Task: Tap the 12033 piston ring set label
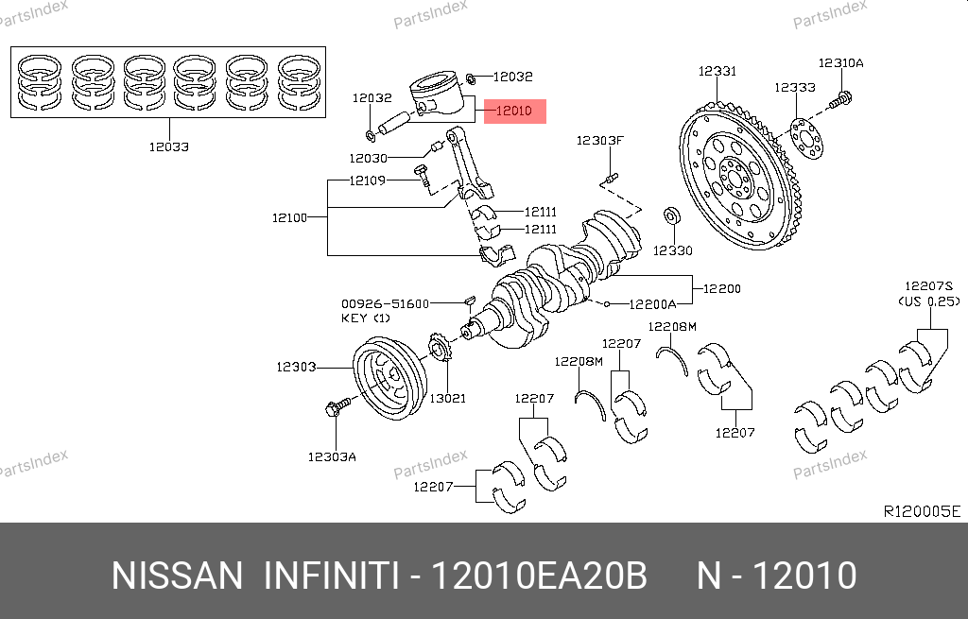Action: point(168,146)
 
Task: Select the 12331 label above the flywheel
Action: point(717,71)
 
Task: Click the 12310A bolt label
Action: point(840,63)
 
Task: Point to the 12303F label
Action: point(601,141)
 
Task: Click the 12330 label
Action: point(672,250)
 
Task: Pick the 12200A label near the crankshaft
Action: point(653,304)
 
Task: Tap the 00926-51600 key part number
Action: point(386,303)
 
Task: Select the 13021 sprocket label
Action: point(447,399)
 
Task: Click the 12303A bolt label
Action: point(332,456)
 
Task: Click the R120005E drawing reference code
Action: point(921,511)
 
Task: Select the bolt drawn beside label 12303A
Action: point(337,408)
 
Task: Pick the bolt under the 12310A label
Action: point(841,97)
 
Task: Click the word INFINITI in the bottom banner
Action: point(330,576)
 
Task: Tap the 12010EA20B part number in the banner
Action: point(539,576)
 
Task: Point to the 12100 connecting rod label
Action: point(289,218)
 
